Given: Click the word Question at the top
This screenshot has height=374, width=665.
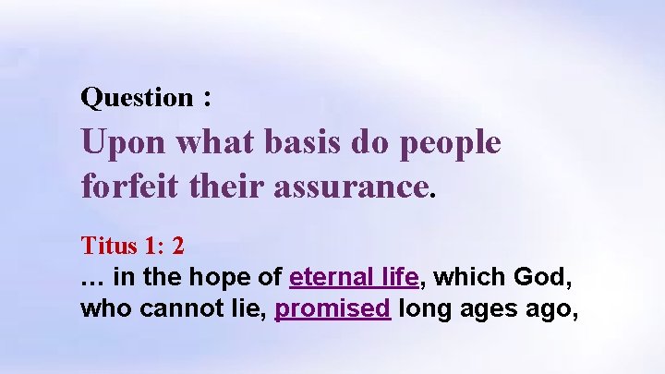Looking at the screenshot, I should [137, 97].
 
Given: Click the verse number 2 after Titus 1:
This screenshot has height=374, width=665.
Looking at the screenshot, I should [177, 247].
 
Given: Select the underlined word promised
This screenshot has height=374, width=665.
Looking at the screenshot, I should [333, 308].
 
